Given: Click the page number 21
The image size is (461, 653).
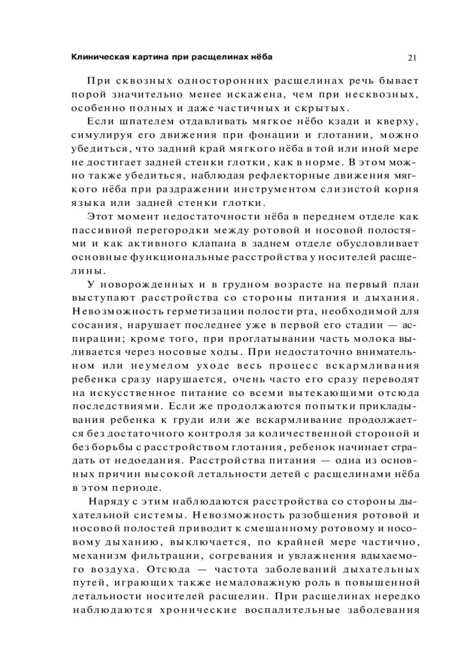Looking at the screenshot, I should pos(412,57).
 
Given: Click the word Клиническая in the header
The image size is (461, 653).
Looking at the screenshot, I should pos(94,57).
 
